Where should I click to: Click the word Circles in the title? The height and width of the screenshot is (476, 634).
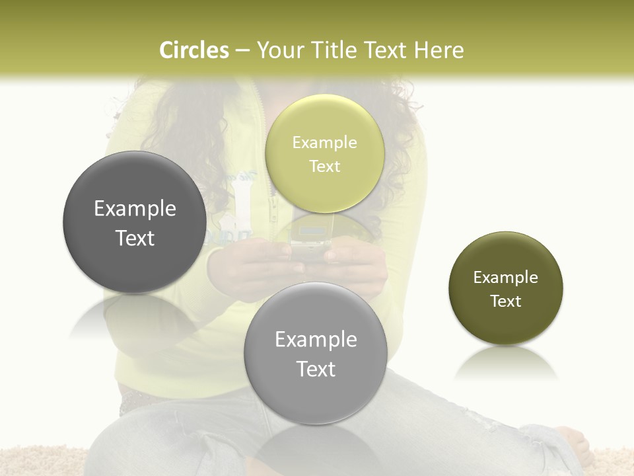pos(194,50)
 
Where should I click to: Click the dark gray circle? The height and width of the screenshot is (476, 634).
pos(134,222)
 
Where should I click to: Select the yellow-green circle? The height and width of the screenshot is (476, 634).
pos(324,153)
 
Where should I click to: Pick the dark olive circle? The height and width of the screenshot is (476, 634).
pos(506,288)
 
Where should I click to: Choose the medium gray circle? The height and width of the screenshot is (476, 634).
pos(315,353)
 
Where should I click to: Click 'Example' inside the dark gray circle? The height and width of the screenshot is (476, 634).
pos(135,209)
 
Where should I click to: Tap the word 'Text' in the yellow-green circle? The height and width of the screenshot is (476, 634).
pos(324,167)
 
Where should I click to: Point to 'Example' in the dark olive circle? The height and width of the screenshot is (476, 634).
pos(506,278)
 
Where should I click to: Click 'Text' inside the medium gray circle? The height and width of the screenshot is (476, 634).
pos(316,369)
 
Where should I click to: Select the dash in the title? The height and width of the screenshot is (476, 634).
pos(242,51)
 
